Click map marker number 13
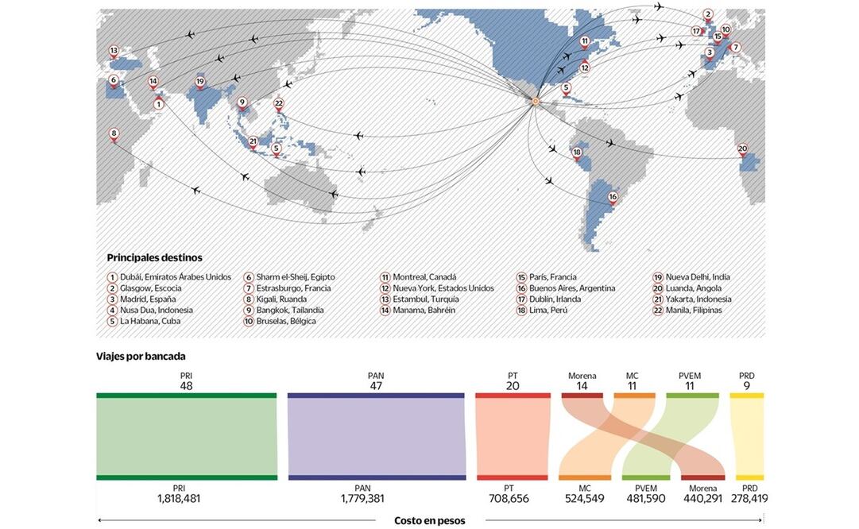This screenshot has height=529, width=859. [x=114, y=51]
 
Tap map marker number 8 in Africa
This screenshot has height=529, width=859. [x=114, y=134]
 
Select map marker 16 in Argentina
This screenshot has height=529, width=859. [x=613, y=197]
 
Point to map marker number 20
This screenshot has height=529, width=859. [x=742, y=149]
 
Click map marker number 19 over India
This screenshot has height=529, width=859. [x=200, y=82]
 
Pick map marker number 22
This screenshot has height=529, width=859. [x=278, y=103]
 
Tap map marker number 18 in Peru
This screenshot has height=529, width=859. [x=577, y=153]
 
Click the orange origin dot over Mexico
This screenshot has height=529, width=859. [x=535, y=101]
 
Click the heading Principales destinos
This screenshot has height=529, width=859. [x=154, y=258]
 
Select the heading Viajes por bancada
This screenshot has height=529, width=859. [x=141, y=357]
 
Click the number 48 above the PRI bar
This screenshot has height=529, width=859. [x=187, y=386]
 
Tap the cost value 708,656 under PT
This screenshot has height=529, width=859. [x=509, y=499]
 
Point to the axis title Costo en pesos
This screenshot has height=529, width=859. [x=430, y=521]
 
